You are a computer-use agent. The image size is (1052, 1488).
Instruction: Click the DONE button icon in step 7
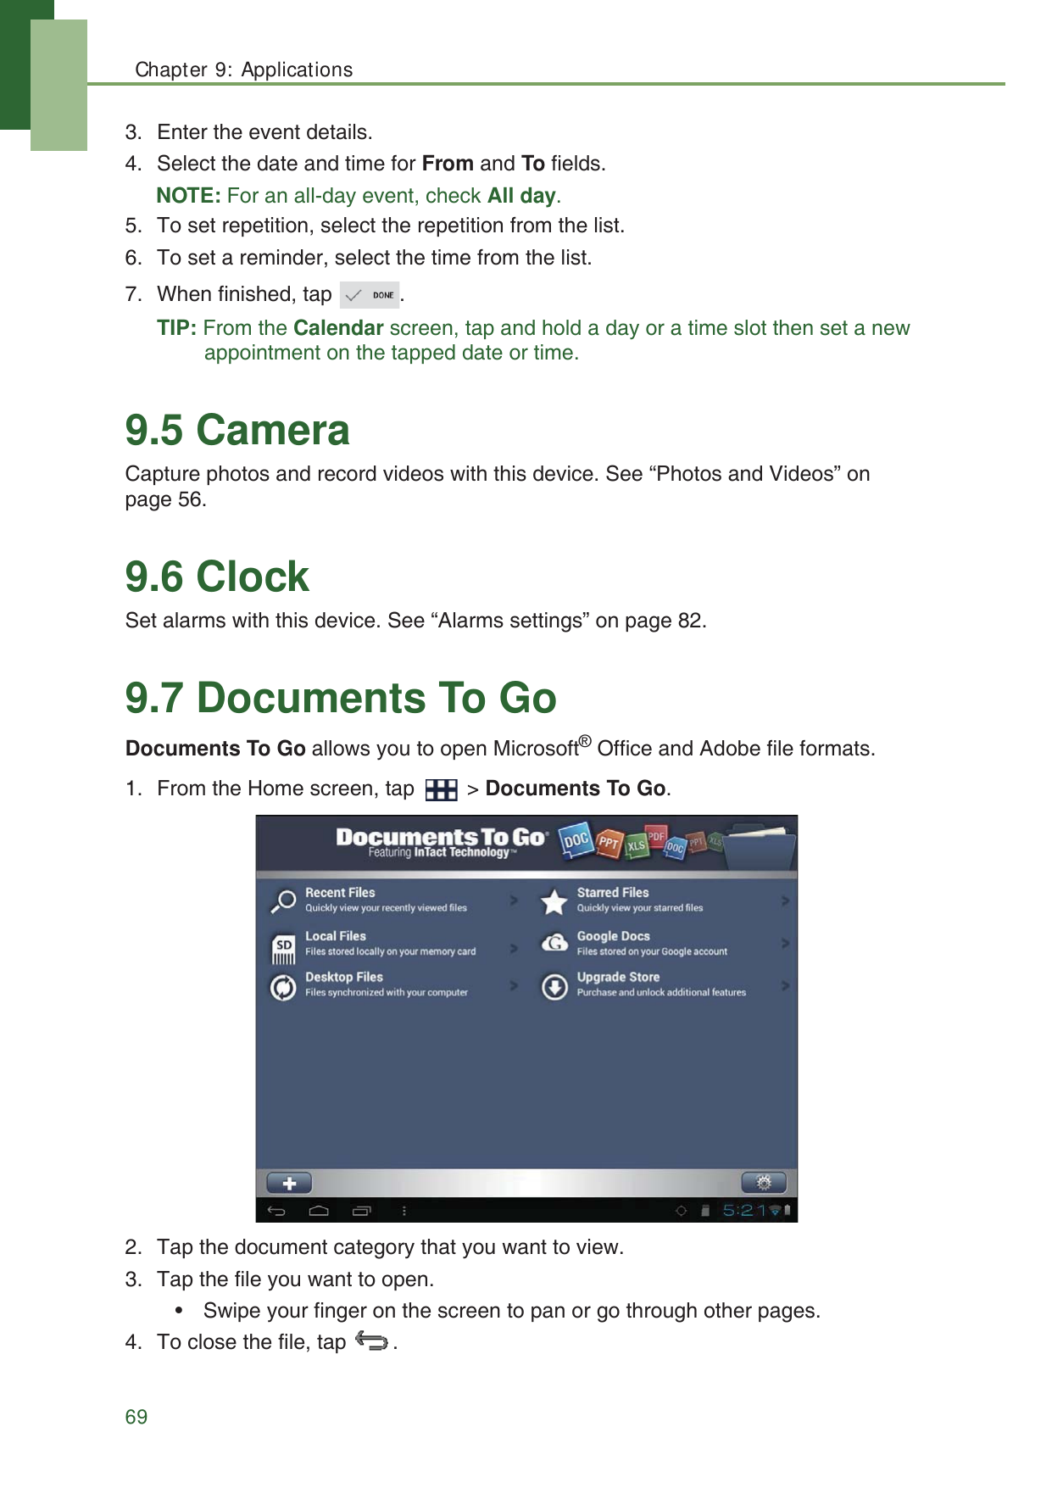click(x=369, y=295)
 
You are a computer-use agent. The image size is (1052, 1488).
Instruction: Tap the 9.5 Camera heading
click(x=237, y=430)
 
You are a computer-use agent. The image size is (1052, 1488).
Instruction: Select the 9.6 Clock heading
click(x=217, y=577)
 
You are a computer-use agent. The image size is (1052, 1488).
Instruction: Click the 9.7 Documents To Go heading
click(x=341, y=698)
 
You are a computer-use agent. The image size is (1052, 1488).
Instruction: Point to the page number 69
click(x=136, y=1417)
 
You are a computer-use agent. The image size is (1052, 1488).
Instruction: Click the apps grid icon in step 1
click(x=441, y=789)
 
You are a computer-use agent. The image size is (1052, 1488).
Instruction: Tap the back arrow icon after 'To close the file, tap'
click(x=371, y=1341)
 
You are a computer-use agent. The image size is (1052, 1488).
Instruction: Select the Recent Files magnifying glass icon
click(x=283, y=900)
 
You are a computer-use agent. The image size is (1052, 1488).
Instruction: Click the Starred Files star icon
click(x=554, y=901)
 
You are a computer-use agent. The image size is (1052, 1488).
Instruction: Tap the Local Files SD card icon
click(x=284, y=948)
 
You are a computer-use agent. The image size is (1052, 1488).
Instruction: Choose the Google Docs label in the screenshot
click(x=613, y=936)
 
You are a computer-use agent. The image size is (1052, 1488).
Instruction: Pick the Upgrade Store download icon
click(x=554, y=987)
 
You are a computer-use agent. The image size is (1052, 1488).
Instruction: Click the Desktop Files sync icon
click(x=283, y=987)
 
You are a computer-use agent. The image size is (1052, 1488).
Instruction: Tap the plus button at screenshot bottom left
click(x=289, y=1183)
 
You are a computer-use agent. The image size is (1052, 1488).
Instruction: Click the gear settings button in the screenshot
click(x=763, y=1182)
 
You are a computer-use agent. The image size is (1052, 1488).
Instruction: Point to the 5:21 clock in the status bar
click(x=743, y=1210)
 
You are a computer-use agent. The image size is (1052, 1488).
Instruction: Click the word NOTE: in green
click(x=188, y=196)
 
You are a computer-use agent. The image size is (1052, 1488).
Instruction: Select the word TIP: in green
click(x=176, y=328)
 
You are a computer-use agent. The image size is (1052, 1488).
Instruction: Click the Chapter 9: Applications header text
click(x=244, y=70)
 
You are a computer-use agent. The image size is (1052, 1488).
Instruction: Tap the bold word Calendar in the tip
click(x=338, y=328)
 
